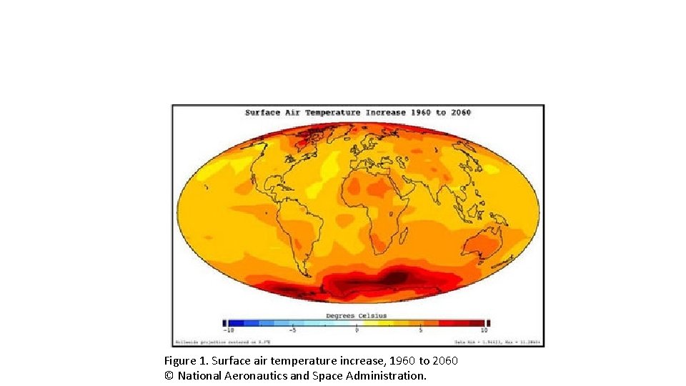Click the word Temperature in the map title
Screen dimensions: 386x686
pyautogui.click(x=334, y=112)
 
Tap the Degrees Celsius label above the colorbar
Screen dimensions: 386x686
pyautogui.click(x=357, y=315)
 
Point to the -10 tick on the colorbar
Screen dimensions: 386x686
pyautogui.click(x=229, y=330)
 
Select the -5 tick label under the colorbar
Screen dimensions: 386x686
pyautogui.click(x=292, y=330)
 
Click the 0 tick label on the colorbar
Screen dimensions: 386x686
pyautogui.click(x=357, y=330)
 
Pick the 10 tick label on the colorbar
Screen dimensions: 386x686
pyautogui.click(x=484, y=330)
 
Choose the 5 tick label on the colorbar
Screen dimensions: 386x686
pyautogui.click(x=421, y=330)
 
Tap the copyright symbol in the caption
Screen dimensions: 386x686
pyautogui.click(x=169, y=375)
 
